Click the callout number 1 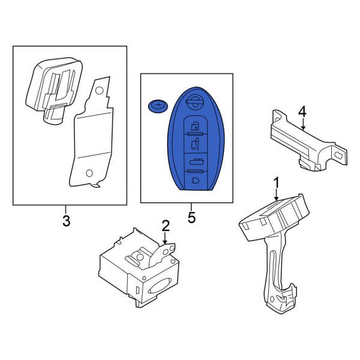(x=277, y=181)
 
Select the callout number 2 (x=166, y=226)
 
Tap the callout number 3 (x=66, y=221)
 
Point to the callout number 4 (x=302, y=111)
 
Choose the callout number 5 (x=191, y=217)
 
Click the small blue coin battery (x=157, y=106)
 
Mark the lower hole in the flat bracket (x=89, y=173)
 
